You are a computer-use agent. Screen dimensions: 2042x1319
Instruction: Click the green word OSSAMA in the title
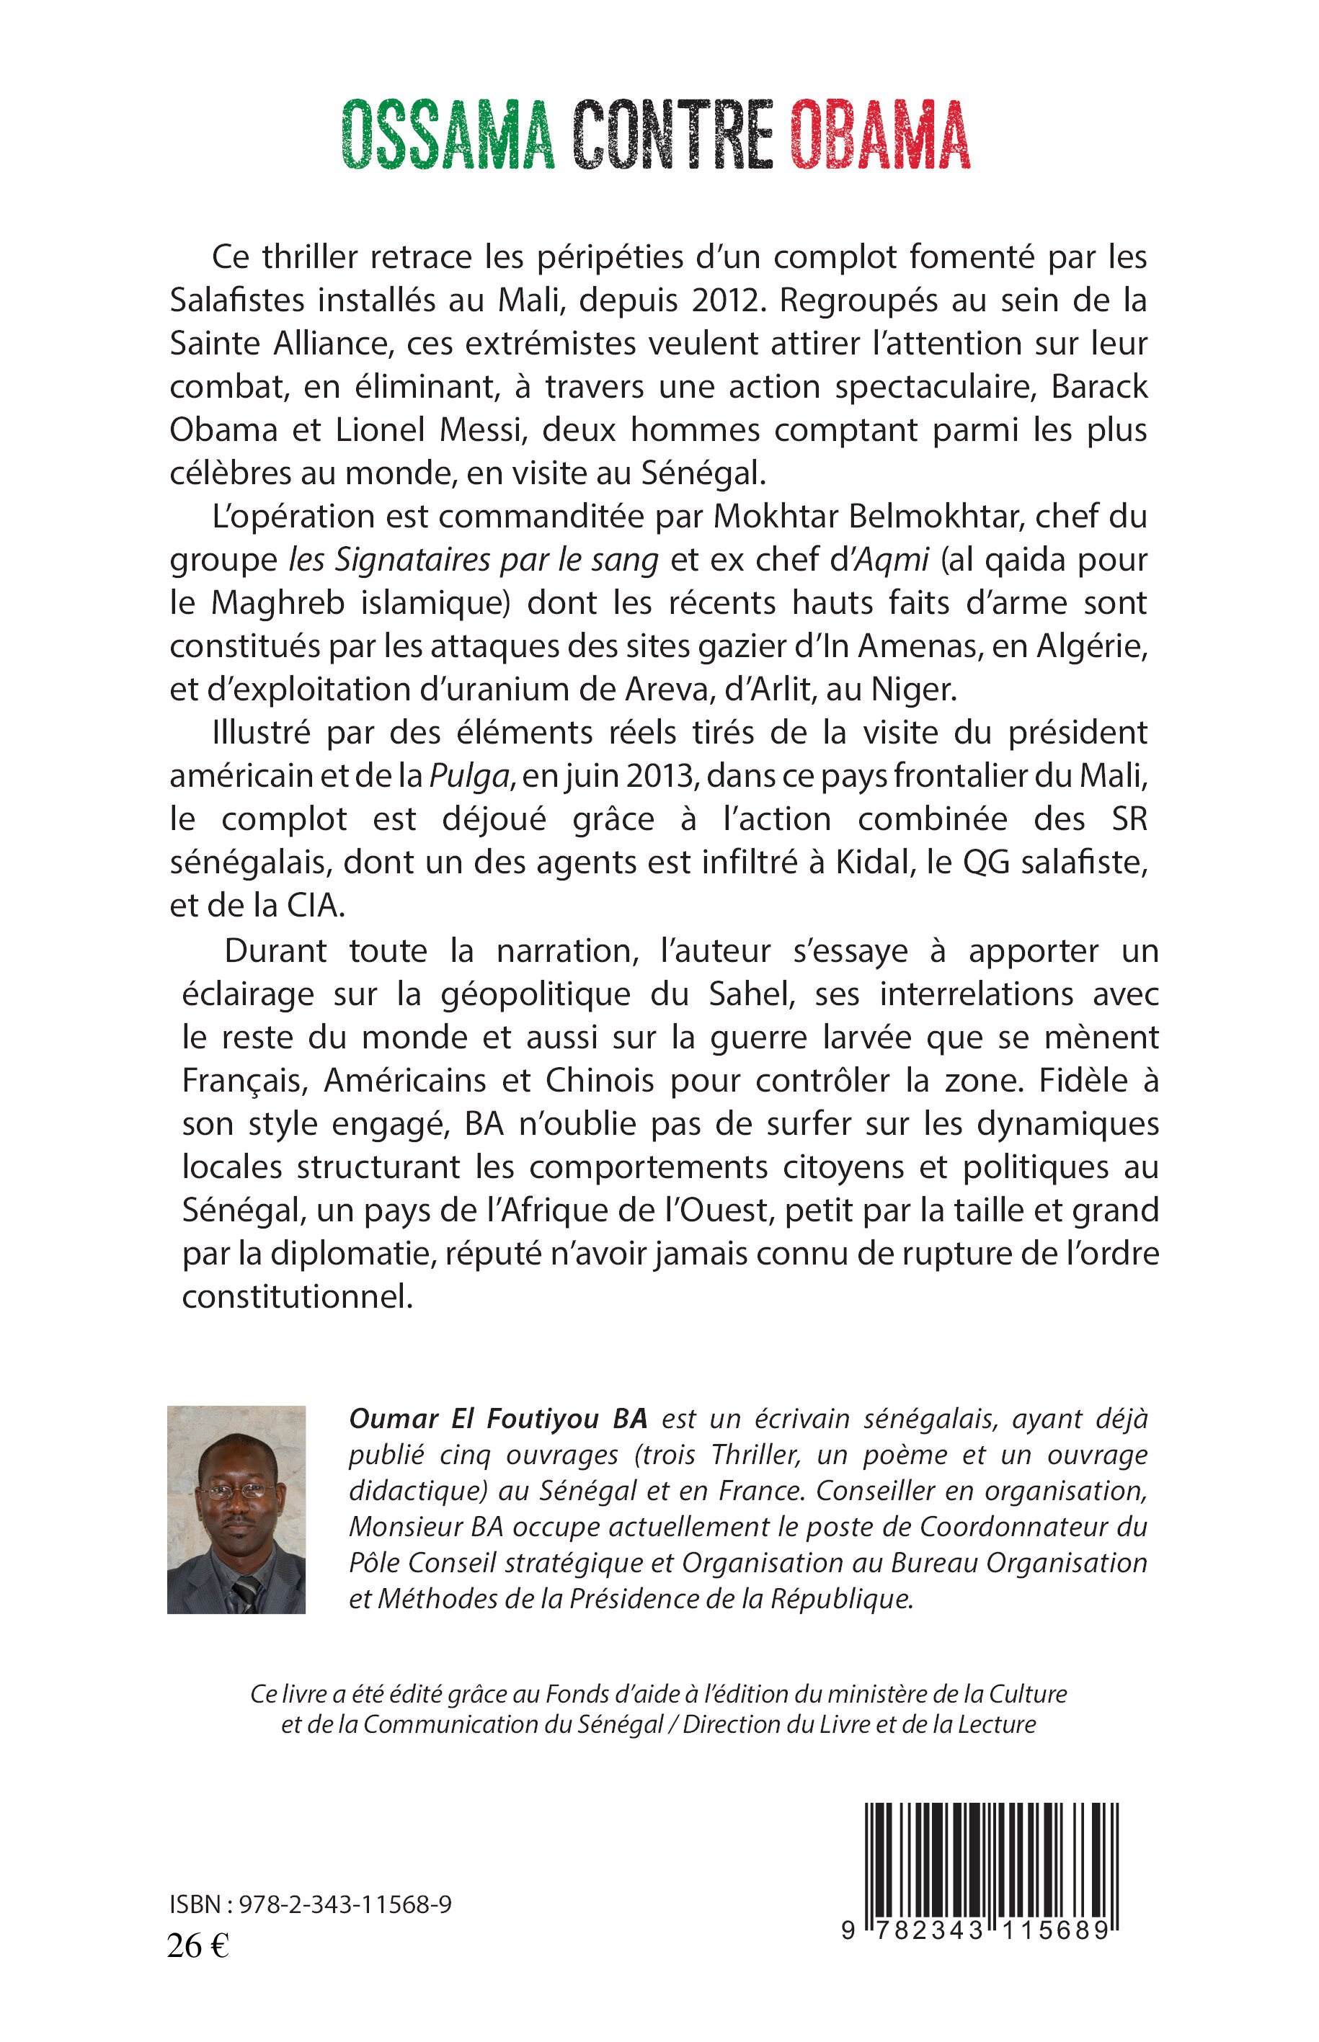448,135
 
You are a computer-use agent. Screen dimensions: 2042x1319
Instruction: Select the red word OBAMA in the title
881,135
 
